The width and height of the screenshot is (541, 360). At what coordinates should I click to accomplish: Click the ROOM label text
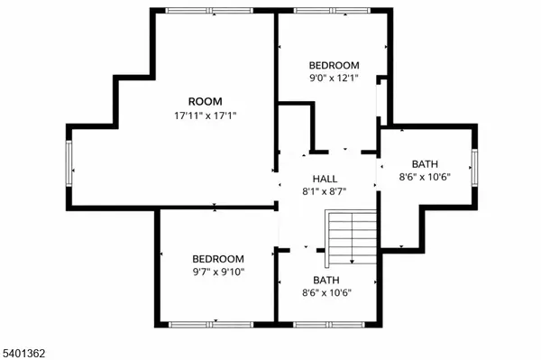click(205, 101)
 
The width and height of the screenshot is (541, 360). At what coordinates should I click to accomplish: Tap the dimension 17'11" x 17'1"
click(205, 115)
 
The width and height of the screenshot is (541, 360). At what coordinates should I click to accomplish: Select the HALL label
click(326, 178)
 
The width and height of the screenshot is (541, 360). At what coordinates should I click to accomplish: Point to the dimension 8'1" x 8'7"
click(326, 191)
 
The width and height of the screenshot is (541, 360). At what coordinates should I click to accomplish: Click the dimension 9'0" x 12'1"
click(334, 79)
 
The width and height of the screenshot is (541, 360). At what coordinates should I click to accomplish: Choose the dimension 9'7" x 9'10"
click(217, 272)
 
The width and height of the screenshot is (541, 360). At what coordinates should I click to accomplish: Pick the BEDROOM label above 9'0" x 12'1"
click(334, 65)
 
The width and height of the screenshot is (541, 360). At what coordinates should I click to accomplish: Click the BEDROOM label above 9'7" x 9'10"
click(217, 258)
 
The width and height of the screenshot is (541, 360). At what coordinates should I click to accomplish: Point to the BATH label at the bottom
click(326, 280)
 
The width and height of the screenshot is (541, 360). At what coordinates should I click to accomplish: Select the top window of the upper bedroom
click(333, 11)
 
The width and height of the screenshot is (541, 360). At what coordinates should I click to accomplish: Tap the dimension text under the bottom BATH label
click(326, 293)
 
